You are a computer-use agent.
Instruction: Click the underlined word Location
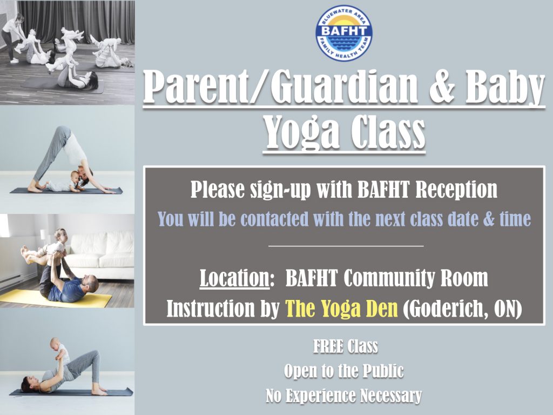pyautogui.click(x=234, y=278)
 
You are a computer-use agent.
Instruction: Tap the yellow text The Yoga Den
pyautogui.click(x=341, y=309)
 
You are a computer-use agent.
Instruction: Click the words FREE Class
pyautogui.click(x=345, y=346)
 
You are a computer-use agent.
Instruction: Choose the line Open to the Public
pyautogui.click(x=343, y=371)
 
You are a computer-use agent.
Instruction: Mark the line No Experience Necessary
pyautogui.click(x=343, y=396)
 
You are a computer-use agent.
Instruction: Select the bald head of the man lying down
pyautogui.click(x=92, y=283)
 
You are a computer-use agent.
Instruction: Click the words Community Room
pyautogui.click(x=416, y=278)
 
